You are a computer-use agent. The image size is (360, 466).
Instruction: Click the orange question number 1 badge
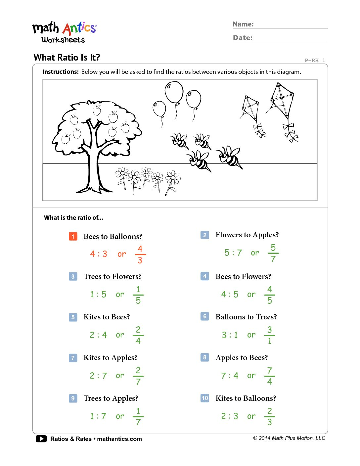(x=73, y=236)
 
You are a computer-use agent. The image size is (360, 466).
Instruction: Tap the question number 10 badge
(x=205, y=398)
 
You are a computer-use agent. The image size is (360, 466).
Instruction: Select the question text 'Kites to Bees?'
(x=107, y=317)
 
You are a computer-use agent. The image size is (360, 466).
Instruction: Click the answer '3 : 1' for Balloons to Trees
(x=230, y=335)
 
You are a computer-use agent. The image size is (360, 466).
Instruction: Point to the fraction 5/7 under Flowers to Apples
(x=273, y=253)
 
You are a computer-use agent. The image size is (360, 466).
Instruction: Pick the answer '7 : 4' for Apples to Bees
(x=230, y=376)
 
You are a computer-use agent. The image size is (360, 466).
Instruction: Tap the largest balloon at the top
(x=174, y=92)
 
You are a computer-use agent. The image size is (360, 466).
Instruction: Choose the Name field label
(x=243, y=24)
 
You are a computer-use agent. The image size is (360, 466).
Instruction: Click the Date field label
(x=243, y=38)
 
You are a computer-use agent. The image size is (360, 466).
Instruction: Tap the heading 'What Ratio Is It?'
(x=67, y=58)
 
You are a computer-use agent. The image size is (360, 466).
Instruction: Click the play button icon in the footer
(x=41, y=439)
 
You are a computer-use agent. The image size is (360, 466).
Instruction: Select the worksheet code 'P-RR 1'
(x=315, y=61)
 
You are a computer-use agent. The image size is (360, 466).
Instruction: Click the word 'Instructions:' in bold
(x=61, y=72)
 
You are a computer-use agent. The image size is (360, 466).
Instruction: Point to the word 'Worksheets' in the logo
(x=63, y=40)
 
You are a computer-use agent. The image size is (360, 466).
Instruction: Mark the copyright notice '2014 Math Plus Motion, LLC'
(x=289, y=438)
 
